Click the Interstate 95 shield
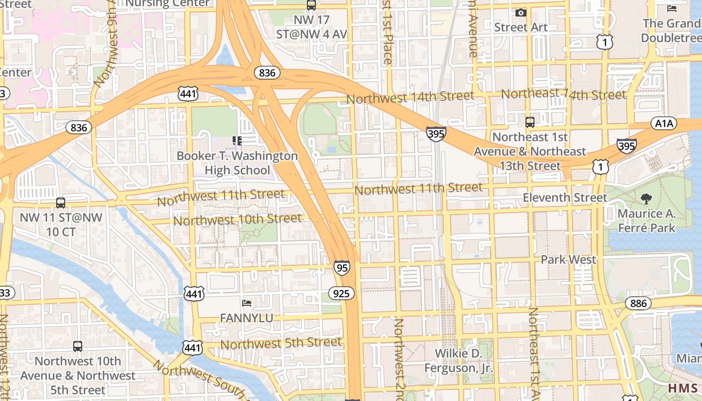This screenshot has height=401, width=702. pyautogui.click(x=341, y=268)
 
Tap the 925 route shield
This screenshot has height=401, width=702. pyautogui.click(x=341, y=293)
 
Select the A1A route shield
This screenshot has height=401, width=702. pyautogui.click(x=663, y=123)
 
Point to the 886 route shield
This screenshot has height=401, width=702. pyautogui.click(x=638, y=303)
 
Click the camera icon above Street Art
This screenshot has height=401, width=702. pyautogui.click(x=521, y=13)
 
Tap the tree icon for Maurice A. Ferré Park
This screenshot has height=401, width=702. pyautogui.click(x=646, y=199)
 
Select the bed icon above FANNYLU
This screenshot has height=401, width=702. pyautogui.click(x=247, y=303)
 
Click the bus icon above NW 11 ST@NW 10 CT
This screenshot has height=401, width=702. pyautogui.click(x=61, y=203)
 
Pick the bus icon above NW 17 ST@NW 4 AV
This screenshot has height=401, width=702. pyautogui.click(x=311, y=5)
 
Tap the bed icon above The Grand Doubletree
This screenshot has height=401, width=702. pyautogui.click(x=671, y=8)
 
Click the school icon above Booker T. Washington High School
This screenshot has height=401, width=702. pyautogui.click(x=237, y=141)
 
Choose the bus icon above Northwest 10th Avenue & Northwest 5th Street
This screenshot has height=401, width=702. pyautogui.click(x=78, y=346)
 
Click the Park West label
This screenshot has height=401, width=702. pyautogui.click(x=568, y=260)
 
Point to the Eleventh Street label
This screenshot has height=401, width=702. pyautogui.click(x=565, y=197)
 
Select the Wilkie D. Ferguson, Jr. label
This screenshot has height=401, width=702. pyautogui.click(x=458, y=361)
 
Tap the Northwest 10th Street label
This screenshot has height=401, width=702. pyautogui.click(x=237, y=220)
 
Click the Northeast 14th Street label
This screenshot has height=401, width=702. pyautogui.click(x=564, y=94)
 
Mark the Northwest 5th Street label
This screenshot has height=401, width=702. pyautogui.click(x=281, y=343)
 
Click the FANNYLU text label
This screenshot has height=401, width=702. pyautogui.click(x=247, y=318)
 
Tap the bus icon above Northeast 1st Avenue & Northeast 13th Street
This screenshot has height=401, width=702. pyautogui.click(x=530, y=122)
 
